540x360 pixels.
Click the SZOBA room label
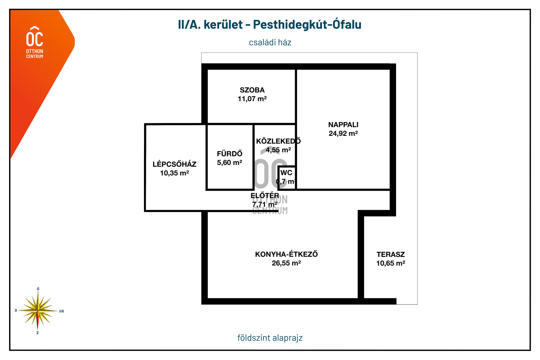(252, 90)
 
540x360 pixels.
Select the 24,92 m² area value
(343, 133)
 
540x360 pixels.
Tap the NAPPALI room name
(343, 124)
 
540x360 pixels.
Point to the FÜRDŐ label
(229, 154)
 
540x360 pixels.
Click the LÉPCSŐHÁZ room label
(174, 164)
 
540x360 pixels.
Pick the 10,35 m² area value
(174, 173)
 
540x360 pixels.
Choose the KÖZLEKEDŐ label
(278, 141)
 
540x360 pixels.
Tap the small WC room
(287, 177)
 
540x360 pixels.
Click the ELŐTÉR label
(265, 195)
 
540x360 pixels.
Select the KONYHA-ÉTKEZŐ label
(286, 254)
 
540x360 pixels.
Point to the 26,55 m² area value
(286, 263)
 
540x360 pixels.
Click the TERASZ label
(391, 254)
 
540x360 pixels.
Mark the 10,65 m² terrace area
(391, 263)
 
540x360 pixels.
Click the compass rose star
(38, 311)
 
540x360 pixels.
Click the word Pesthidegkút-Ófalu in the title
(307, 25)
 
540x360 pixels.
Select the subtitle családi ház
(270, 42)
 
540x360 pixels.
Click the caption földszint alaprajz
(270, 338)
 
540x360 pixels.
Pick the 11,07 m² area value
(252, 99)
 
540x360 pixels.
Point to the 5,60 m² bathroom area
(229, 163)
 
